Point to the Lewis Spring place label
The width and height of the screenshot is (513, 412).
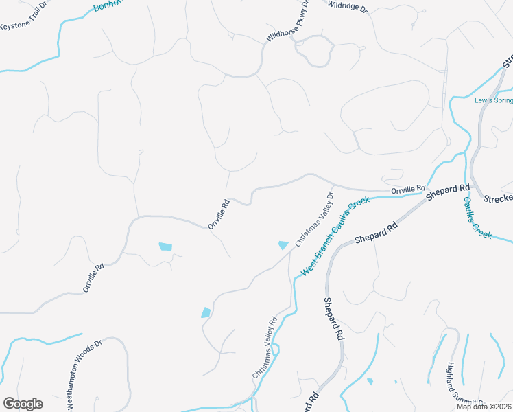point(493,100)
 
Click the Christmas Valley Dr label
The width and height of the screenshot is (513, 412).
point(314,218)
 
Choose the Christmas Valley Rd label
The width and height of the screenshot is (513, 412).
point(264,347)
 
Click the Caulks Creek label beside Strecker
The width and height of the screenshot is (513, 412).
point(477,218)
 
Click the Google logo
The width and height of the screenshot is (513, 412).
point(23,404)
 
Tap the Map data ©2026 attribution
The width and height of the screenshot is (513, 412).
point(484,407)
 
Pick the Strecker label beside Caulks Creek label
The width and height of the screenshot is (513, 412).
point(498,198)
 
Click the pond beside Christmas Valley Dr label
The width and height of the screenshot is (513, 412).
point(283,245)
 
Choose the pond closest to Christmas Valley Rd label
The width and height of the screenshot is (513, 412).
point(206,312)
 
